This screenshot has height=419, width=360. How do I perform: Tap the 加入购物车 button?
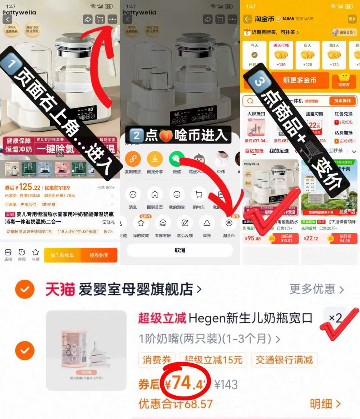pyautogui.click(x=62, y=255)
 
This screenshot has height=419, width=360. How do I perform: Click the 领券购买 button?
pyautogui.click(x=99, y=255)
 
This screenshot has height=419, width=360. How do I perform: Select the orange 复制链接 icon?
pyautogui.click(x=133, y=159)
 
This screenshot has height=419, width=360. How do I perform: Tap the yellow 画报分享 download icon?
pyautogui.click(x=155, y=159)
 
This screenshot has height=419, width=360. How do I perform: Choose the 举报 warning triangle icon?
pyautogui.click(x=207, y=223)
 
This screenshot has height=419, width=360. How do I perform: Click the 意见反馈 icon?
pyautogui.click(x=185, y=223)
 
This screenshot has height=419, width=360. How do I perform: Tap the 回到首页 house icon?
pyautogui.click(x=155, y=195)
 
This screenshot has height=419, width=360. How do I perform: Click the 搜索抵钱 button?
pyautogui.click(x=342, y=101)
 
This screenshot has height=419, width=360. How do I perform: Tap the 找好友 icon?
pyautogui.click(x=344, y=80)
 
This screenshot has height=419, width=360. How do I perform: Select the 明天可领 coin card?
pyautogui.click(x=281, y=55)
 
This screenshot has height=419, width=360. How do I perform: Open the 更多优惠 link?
pyautogui.click(x=317, y=289)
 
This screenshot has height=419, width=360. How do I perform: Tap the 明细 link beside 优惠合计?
pyautogui.click(x=325, y=404)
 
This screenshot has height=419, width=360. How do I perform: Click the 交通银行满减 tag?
pyautogui.click(x=284, y=360)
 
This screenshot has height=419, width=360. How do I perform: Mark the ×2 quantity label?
pyautogui.click(x=335, y=318)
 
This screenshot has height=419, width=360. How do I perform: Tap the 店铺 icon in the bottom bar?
pyautogui.click(x=8, y=255)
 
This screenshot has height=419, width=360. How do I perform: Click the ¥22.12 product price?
pyautogui.click(x=311, y=239)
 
